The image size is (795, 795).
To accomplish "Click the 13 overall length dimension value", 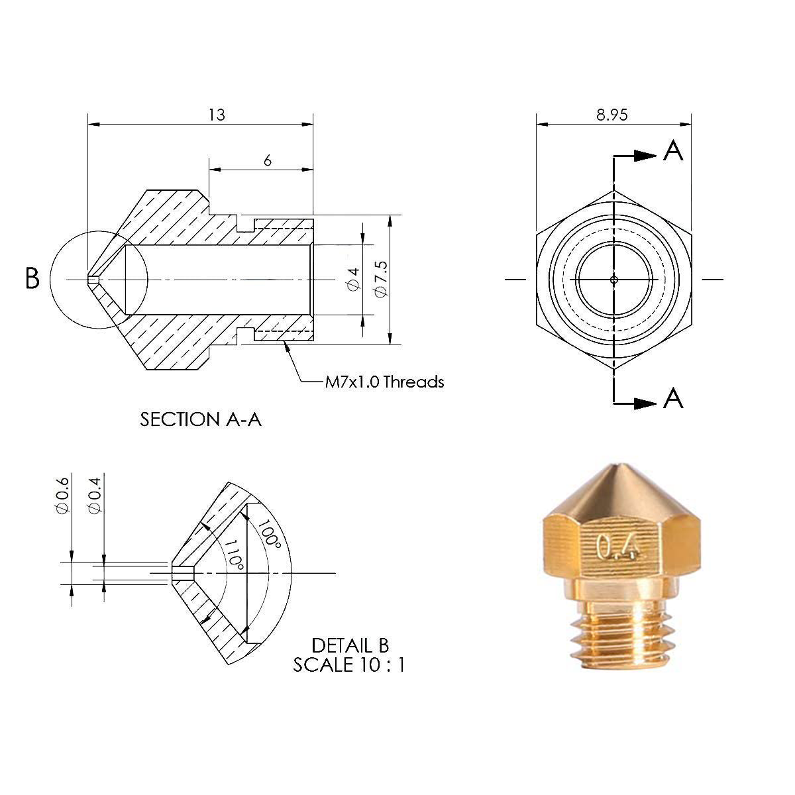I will coord(217,115).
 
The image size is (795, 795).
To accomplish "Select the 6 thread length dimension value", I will coord(267,160).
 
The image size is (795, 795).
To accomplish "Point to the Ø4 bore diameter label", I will coord(353,278).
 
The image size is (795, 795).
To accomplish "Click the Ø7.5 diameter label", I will coord(380,278).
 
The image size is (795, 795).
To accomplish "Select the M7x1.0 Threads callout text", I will coord(384,382).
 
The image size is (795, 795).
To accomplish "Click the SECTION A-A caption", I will coord(201,419).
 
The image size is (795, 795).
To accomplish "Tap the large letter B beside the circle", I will coord(32,278).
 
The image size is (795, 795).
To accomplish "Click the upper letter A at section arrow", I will coord(672,152).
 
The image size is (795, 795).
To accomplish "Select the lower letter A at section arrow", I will coord(672,398).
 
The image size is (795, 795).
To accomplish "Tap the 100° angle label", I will coord(270,534).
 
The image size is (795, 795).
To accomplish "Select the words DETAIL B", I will coord(350,645).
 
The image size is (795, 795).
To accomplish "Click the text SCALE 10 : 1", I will coord(348,664).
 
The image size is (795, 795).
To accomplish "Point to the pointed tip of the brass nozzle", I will coord(621,464).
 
